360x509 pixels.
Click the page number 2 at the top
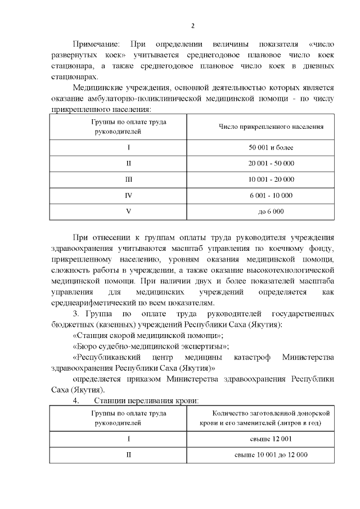(192, 26)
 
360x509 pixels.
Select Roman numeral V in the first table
(128, 211)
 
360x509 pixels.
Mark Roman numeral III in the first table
(128, 179)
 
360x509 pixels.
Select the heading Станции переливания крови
(147, 400)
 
